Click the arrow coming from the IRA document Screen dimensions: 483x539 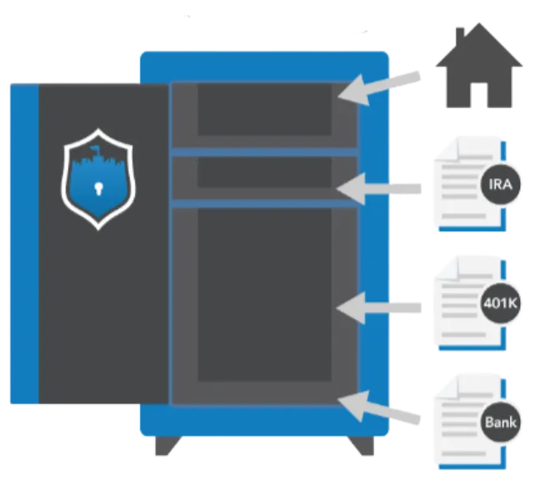(378, 188)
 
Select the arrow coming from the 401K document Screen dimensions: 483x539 (378, 305)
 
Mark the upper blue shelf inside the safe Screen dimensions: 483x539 (264, 152)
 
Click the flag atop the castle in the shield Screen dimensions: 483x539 (95, 149)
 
